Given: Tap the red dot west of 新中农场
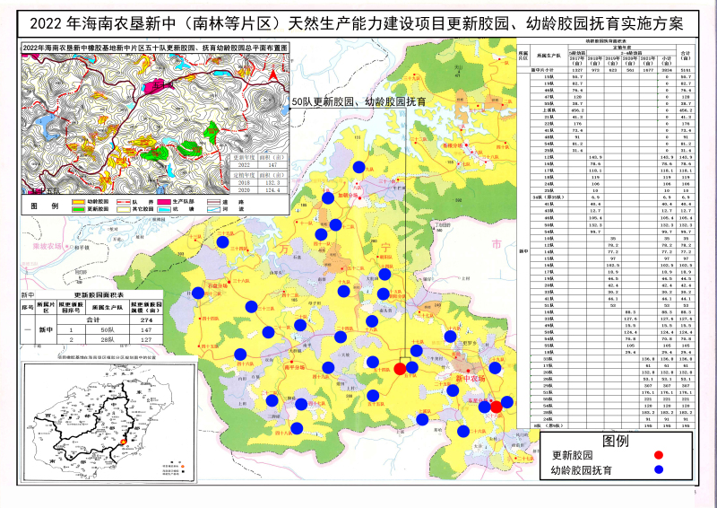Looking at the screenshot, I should click(x=400, y=368).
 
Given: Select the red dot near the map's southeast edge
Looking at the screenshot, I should click(x=496, y=407).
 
